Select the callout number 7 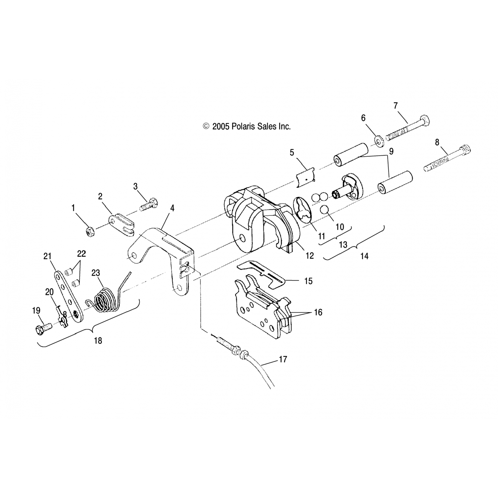click(x=395, y=106)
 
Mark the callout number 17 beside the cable click(x=283, y=359)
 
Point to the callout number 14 click(x=364, y=256)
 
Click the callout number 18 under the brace click(x=98, y=341)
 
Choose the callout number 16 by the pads click(x=318, y=312)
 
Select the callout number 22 click(x=81, y=254)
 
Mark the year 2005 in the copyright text click(x=221, y=126)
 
